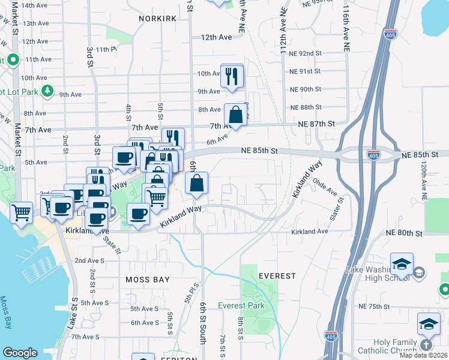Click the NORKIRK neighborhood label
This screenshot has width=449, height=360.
[x=157, y=19]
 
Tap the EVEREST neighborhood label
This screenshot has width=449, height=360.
[x=277, y=276]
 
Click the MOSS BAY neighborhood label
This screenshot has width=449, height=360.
[x=148, y=280]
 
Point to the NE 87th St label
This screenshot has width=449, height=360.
[x=316, y=124]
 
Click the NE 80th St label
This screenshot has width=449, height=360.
[x=404, y=233]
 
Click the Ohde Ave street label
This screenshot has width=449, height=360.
[x=325, y=188]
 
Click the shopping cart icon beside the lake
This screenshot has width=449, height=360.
[x=22, y=211]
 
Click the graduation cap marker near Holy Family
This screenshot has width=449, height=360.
[x=429, y=324]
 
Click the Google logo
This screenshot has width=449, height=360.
[x=20, y=353]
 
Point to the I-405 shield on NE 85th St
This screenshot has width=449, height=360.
[x=373, y=155]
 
